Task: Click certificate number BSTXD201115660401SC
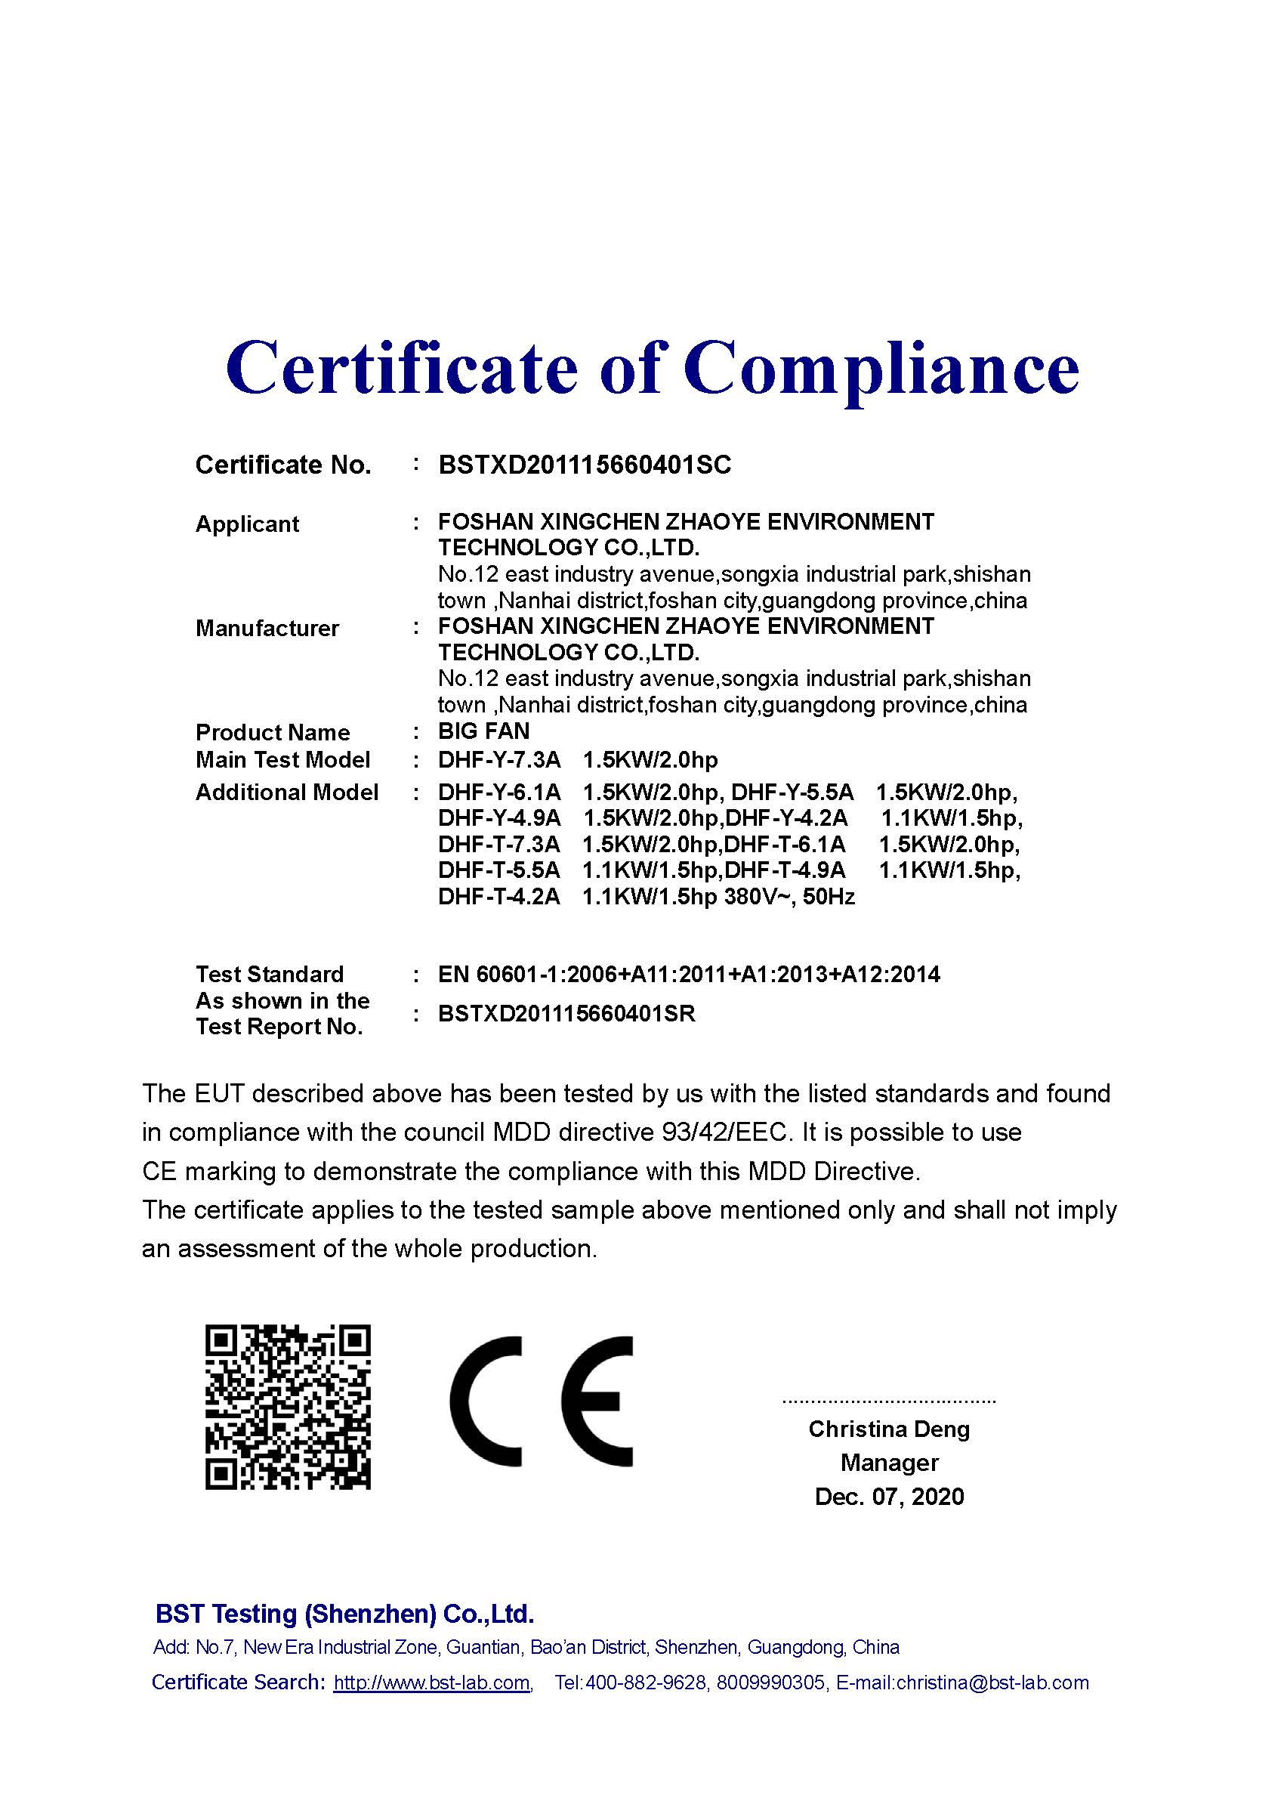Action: [x=585, y=465]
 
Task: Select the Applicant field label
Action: [x=247, y=524]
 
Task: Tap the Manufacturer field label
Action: [x=267, y=628]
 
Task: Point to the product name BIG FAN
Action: [x=483, y=731]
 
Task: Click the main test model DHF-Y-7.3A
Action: [x=499, y=759]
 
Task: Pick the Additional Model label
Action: [x=287, y=792]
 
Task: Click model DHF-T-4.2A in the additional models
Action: [x=499, y=897]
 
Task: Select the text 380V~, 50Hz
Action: [x=790, y=897]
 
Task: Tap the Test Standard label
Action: [x=270, y=973]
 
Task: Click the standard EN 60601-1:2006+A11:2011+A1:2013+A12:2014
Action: [x=689, y=973]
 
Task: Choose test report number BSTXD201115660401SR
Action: [x=566, y=1014]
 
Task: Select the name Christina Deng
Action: [x=889, y=1429]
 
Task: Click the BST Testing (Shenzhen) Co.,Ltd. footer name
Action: [x=344, y=1613]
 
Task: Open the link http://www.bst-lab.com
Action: [x=432, y=1682]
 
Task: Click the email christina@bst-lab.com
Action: [x=992, y=1682]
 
